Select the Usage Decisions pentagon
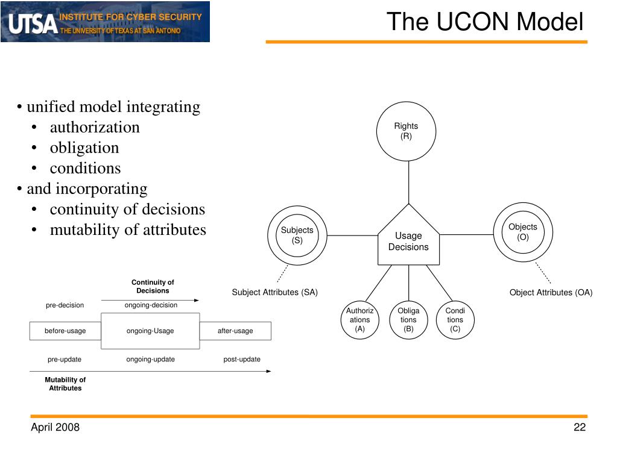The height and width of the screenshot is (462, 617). (x=408, y=235)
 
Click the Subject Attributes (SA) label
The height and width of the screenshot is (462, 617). (x=274, y=292)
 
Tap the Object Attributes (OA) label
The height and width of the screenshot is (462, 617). (x=551, y=292)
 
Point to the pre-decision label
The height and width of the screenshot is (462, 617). (x=65, y=305)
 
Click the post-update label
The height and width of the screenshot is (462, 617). (x=242, y=359)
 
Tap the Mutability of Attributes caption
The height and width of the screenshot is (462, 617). (x=65, y=384)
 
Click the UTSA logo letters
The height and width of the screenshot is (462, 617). (x=33, y=23)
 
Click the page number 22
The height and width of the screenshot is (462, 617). (x=580, y=427)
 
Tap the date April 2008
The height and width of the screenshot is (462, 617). (x=55, y=427)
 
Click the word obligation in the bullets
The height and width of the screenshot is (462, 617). (x=84, y=148)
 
